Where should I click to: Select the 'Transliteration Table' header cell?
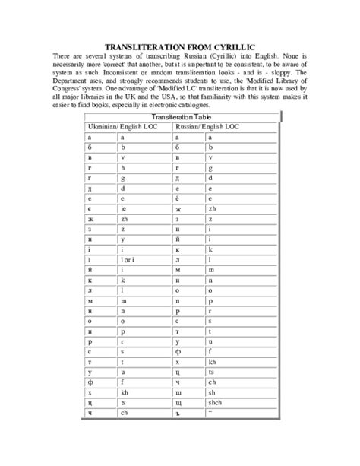tap(182, 116)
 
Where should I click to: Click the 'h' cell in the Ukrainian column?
tap(122, 166)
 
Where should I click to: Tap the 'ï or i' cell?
tap(128, 261)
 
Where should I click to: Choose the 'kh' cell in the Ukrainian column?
tap(124, 387)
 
